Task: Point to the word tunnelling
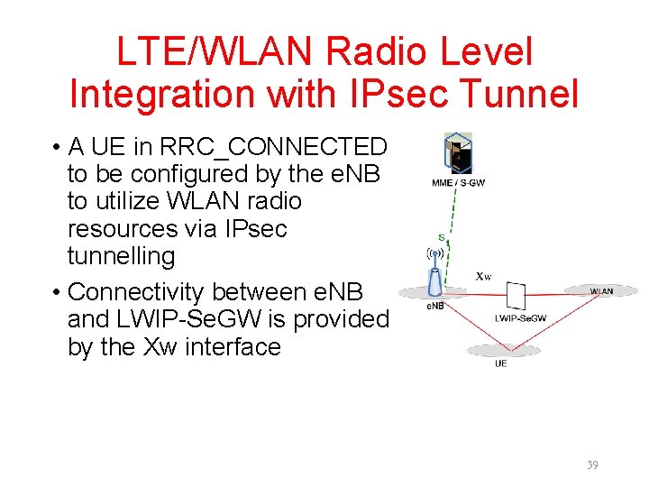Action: (x=121, y=256)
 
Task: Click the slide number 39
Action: (x=591, y=465)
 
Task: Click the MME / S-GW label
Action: (x=458, y=183)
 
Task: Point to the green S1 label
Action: (x=442, y=238)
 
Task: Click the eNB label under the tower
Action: (x=434, y=307)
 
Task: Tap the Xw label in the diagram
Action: (x=484, y=276)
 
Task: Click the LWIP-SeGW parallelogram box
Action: (x=516, y=296)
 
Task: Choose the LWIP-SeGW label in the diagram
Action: (x=519, y=317)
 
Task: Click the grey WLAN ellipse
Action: (x=601, y=290)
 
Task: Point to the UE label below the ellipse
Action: (x=500, y=363)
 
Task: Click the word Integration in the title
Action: (x=164, y=94)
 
